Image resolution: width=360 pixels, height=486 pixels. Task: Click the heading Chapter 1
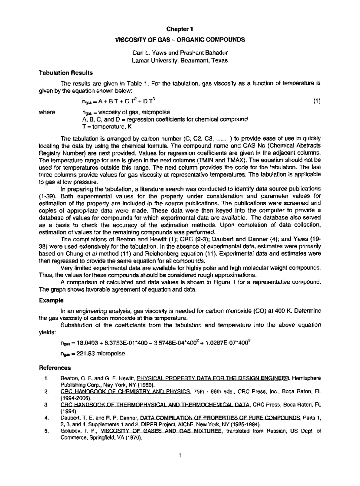tap(180, 29)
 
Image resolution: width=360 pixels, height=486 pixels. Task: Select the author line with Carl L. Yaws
tap(180, 53)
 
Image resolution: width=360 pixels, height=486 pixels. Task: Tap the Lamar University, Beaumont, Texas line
tap(180, 60)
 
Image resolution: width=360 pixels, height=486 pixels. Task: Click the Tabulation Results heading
tap(66, 73)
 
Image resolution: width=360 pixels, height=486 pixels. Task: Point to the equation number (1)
tap(317, 101)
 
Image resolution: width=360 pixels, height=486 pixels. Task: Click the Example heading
tap(51, 300)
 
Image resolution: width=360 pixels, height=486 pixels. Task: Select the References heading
tap(55, 368)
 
